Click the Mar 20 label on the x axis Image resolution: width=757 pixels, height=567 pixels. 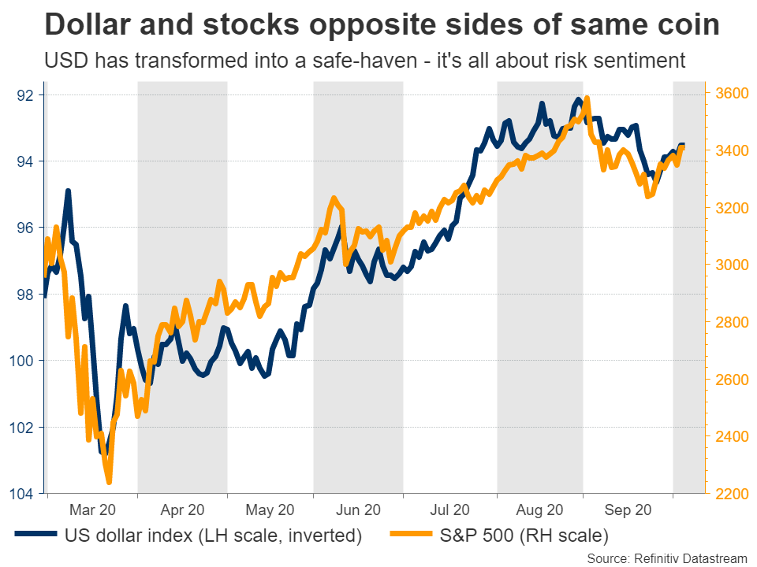pos(91,510)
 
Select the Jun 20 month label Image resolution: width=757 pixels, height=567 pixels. pos(359,510)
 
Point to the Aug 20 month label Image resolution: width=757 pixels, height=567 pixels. pos(540,510)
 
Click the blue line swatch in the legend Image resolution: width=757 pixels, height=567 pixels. pos(37,535)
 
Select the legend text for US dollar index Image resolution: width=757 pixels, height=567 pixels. pos(213,536)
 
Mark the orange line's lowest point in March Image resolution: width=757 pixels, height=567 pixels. pos(109,482)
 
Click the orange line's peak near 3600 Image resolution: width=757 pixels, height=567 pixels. pos(587,98)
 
